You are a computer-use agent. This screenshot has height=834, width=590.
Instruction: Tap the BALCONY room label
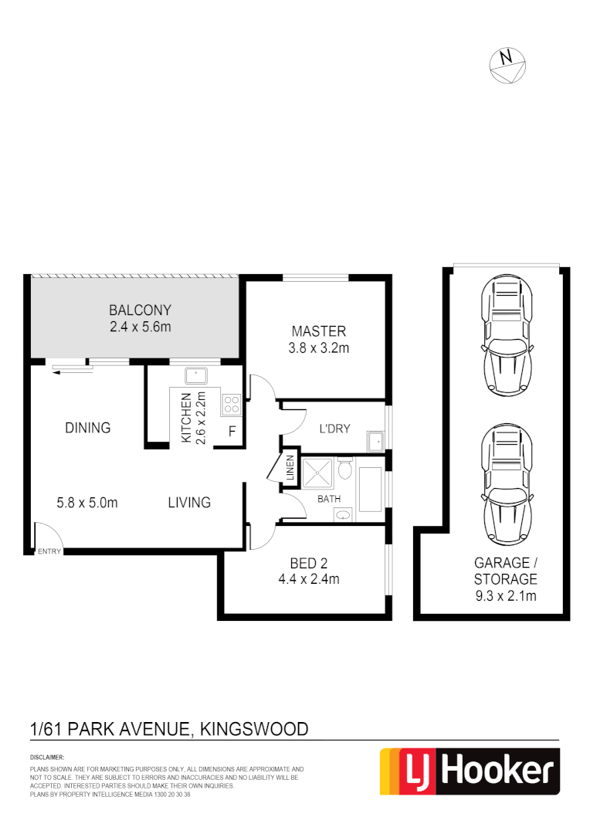pyautogui.click(x=140, y=310)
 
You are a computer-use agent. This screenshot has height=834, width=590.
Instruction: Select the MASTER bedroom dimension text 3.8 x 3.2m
pyautogui.click(x=318, y=347)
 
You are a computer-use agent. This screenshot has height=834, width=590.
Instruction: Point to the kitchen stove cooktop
pyautogui.click(x=232, y=402)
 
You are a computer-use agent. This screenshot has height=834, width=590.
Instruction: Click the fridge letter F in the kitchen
pyautogui.click(x=231, y=432)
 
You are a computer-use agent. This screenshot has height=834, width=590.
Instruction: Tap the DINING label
pyautogui.click(x=87, y=427)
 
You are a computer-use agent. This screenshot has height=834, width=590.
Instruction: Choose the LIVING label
pyautogui.click(x=189, y=503)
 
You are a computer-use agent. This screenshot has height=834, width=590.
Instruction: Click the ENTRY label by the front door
pyautogui.click(x=49, y=551)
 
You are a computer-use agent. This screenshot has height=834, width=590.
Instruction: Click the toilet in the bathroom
pyautogui.click(x=345, y=468)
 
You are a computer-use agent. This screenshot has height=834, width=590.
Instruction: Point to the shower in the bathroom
pyautogui.click(x=318, y=473)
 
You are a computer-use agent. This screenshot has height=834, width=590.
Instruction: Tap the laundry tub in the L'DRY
pyautogui.click(x=375, y=442)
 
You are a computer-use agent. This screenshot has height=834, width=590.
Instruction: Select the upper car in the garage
pyautogui.click(x=506, y=337)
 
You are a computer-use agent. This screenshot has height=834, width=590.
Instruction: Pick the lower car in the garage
pyautogui.click(x=506, y=486)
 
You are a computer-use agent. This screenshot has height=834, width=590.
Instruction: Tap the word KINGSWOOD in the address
pyautogui.click(x=254, y=728)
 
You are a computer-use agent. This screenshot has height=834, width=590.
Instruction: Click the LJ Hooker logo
pyautogui.click(x=469, y=771)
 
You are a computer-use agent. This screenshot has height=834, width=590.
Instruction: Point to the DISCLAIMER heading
pyautogui.click(x=46, y=758)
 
